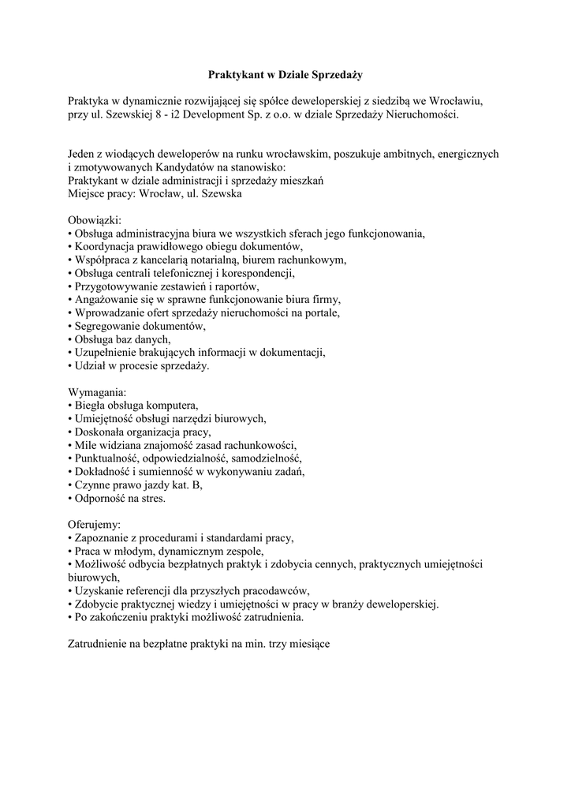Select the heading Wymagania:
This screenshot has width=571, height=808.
(97, 392)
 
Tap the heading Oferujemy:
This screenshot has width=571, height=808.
(95, 524)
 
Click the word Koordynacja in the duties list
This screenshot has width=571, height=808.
(106, 246)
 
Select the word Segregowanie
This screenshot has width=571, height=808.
(108, 326)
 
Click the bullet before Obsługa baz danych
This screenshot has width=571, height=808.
(70, 339)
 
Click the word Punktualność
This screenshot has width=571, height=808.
(108, 458)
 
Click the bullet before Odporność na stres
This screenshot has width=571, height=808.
(70, 499)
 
